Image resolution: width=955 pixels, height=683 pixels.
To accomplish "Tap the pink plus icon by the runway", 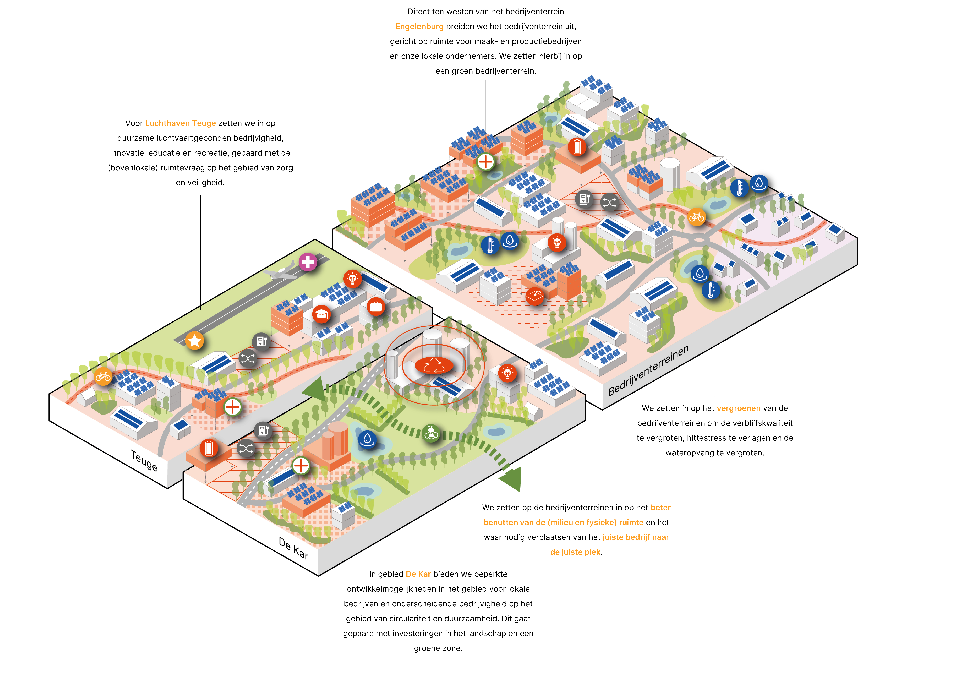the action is tap(308, 262).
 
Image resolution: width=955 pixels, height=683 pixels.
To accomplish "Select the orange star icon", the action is tap(195, 341).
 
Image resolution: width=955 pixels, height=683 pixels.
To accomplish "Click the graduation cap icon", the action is tap(322, 314).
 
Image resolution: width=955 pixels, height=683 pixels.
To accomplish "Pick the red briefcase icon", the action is tap(376, 307).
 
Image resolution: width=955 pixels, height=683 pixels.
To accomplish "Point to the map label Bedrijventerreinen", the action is tap(648, 370).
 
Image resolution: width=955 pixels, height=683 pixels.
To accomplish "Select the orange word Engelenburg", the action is tap(419, 27).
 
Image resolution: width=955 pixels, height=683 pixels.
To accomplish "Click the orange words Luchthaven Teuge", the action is tap(180, 123).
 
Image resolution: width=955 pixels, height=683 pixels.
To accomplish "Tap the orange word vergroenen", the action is tap(738, 408).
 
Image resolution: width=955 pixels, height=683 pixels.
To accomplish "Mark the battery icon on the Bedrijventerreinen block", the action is tap(577, 147).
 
